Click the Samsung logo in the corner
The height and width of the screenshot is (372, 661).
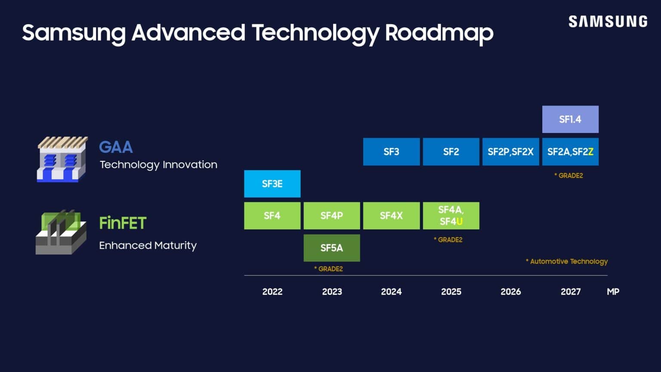608,22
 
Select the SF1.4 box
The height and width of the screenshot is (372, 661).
570,119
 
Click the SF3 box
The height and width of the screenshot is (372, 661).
391,152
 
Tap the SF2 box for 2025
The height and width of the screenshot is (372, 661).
451,152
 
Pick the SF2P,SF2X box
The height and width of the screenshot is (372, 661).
510,152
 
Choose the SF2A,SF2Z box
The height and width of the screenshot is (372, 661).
570,152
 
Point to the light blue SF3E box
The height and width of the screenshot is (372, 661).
272,184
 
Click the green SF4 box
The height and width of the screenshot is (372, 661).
272,216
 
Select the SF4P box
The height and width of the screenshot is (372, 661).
331,216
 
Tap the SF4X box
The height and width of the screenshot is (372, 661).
391,216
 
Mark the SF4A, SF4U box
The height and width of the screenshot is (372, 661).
451,216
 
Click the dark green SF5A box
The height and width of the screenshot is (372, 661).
331,248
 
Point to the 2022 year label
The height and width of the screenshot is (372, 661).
272,291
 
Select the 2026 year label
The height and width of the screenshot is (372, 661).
511,291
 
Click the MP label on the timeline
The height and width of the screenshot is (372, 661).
613,291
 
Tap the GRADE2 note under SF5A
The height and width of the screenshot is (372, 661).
329,269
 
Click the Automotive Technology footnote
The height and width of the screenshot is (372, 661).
567,261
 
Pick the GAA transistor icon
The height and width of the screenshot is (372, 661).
62,159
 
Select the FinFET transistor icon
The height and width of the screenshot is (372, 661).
61,232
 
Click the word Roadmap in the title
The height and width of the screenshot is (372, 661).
439,33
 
